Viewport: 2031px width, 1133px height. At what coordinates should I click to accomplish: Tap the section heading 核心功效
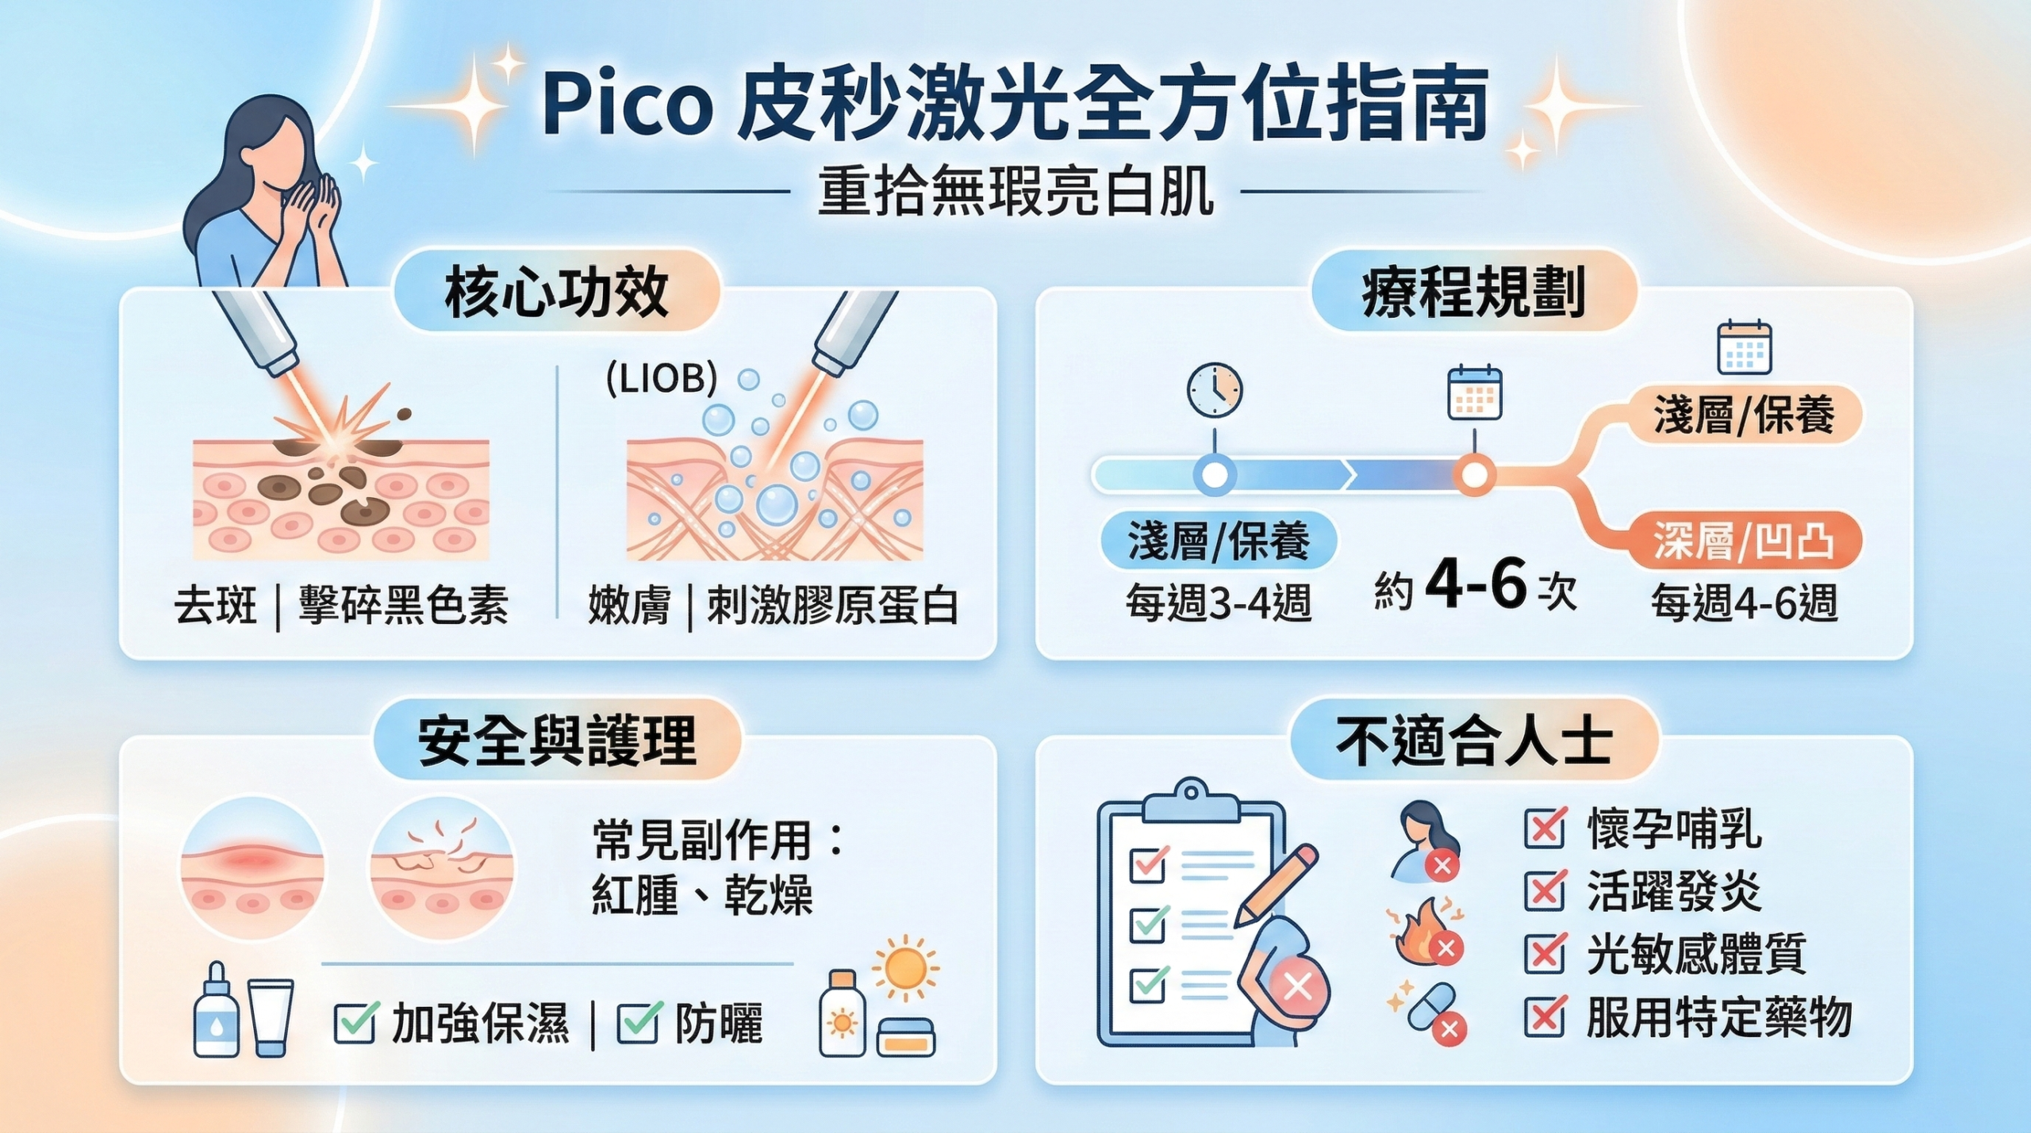557,293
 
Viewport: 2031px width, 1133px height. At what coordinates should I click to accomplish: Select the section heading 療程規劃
1473,293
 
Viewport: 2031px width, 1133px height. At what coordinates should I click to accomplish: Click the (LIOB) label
662,379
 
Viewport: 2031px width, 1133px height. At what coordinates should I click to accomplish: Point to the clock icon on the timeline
1214,390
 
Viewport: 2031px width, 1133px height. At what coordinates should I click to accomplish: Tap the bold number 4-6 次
1476,585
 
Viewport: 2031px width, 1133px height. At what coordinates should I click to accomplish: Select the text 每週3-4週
1219,603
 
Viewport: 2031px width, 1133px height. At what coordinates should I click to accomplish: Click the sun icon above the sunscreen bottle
905,968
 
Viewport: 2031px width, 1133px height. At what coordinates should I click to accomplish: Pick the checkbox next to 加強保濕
355,1023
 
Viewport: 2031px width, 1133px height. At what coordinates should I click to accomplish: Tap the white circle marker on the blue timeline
1215,475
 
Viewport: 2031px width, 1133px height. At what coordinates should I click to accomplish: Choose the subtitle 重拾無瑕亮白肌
1015,192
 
